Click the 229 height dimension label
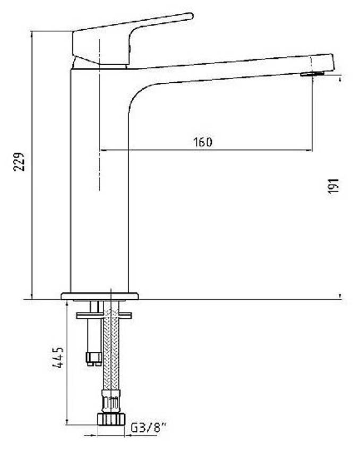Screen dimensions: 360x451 click(19, 162)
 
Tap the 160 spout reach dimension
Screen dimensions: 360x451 click(203, 142)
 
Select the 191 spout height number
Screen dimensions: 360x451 click(334, 186)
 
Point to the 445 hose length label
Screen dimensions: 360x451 click(58, 358)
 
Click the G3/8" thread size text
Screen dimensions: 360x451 click(149, 428)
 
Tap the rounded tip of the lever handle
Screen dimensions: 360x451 click(190, 16)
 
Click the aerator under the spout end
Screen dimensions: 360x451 click(312, 74)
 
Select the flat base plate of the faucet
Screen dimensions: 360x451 click(100, 296)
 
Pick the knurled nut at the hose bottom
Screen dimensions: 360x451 click(111, 419)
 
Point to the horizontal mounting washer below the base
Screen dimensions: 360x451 click(104, 315)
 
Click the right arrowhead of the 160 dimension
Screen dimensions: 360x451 click(309, 150)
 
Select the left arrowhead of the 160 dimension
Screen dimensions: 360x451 click(103, 150)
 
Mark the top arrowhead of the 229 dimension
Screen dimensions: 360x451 click(32, 34)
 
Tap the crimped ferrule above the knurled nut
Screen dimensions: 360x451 click(111, 401)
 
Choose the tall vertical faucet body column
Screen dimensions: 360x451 click(99, 181)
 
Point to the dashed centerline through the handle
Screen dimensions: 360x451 click(99, 115)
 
